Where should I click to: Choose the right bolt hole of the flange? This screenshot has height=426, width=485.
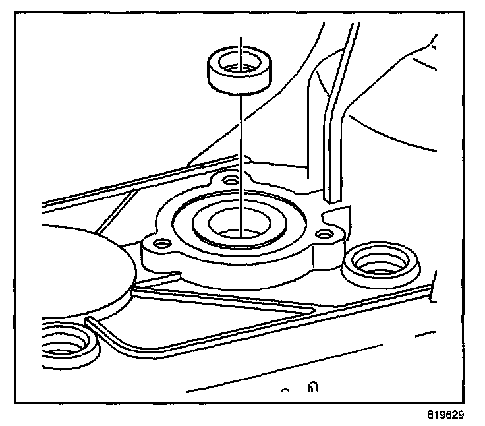click(322, 234)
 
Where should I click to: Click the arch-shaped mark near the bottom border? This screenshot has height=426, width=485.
click(314, 389)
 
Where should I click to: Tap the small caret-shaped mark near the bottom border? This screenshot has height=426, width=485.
click(286, 391)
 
